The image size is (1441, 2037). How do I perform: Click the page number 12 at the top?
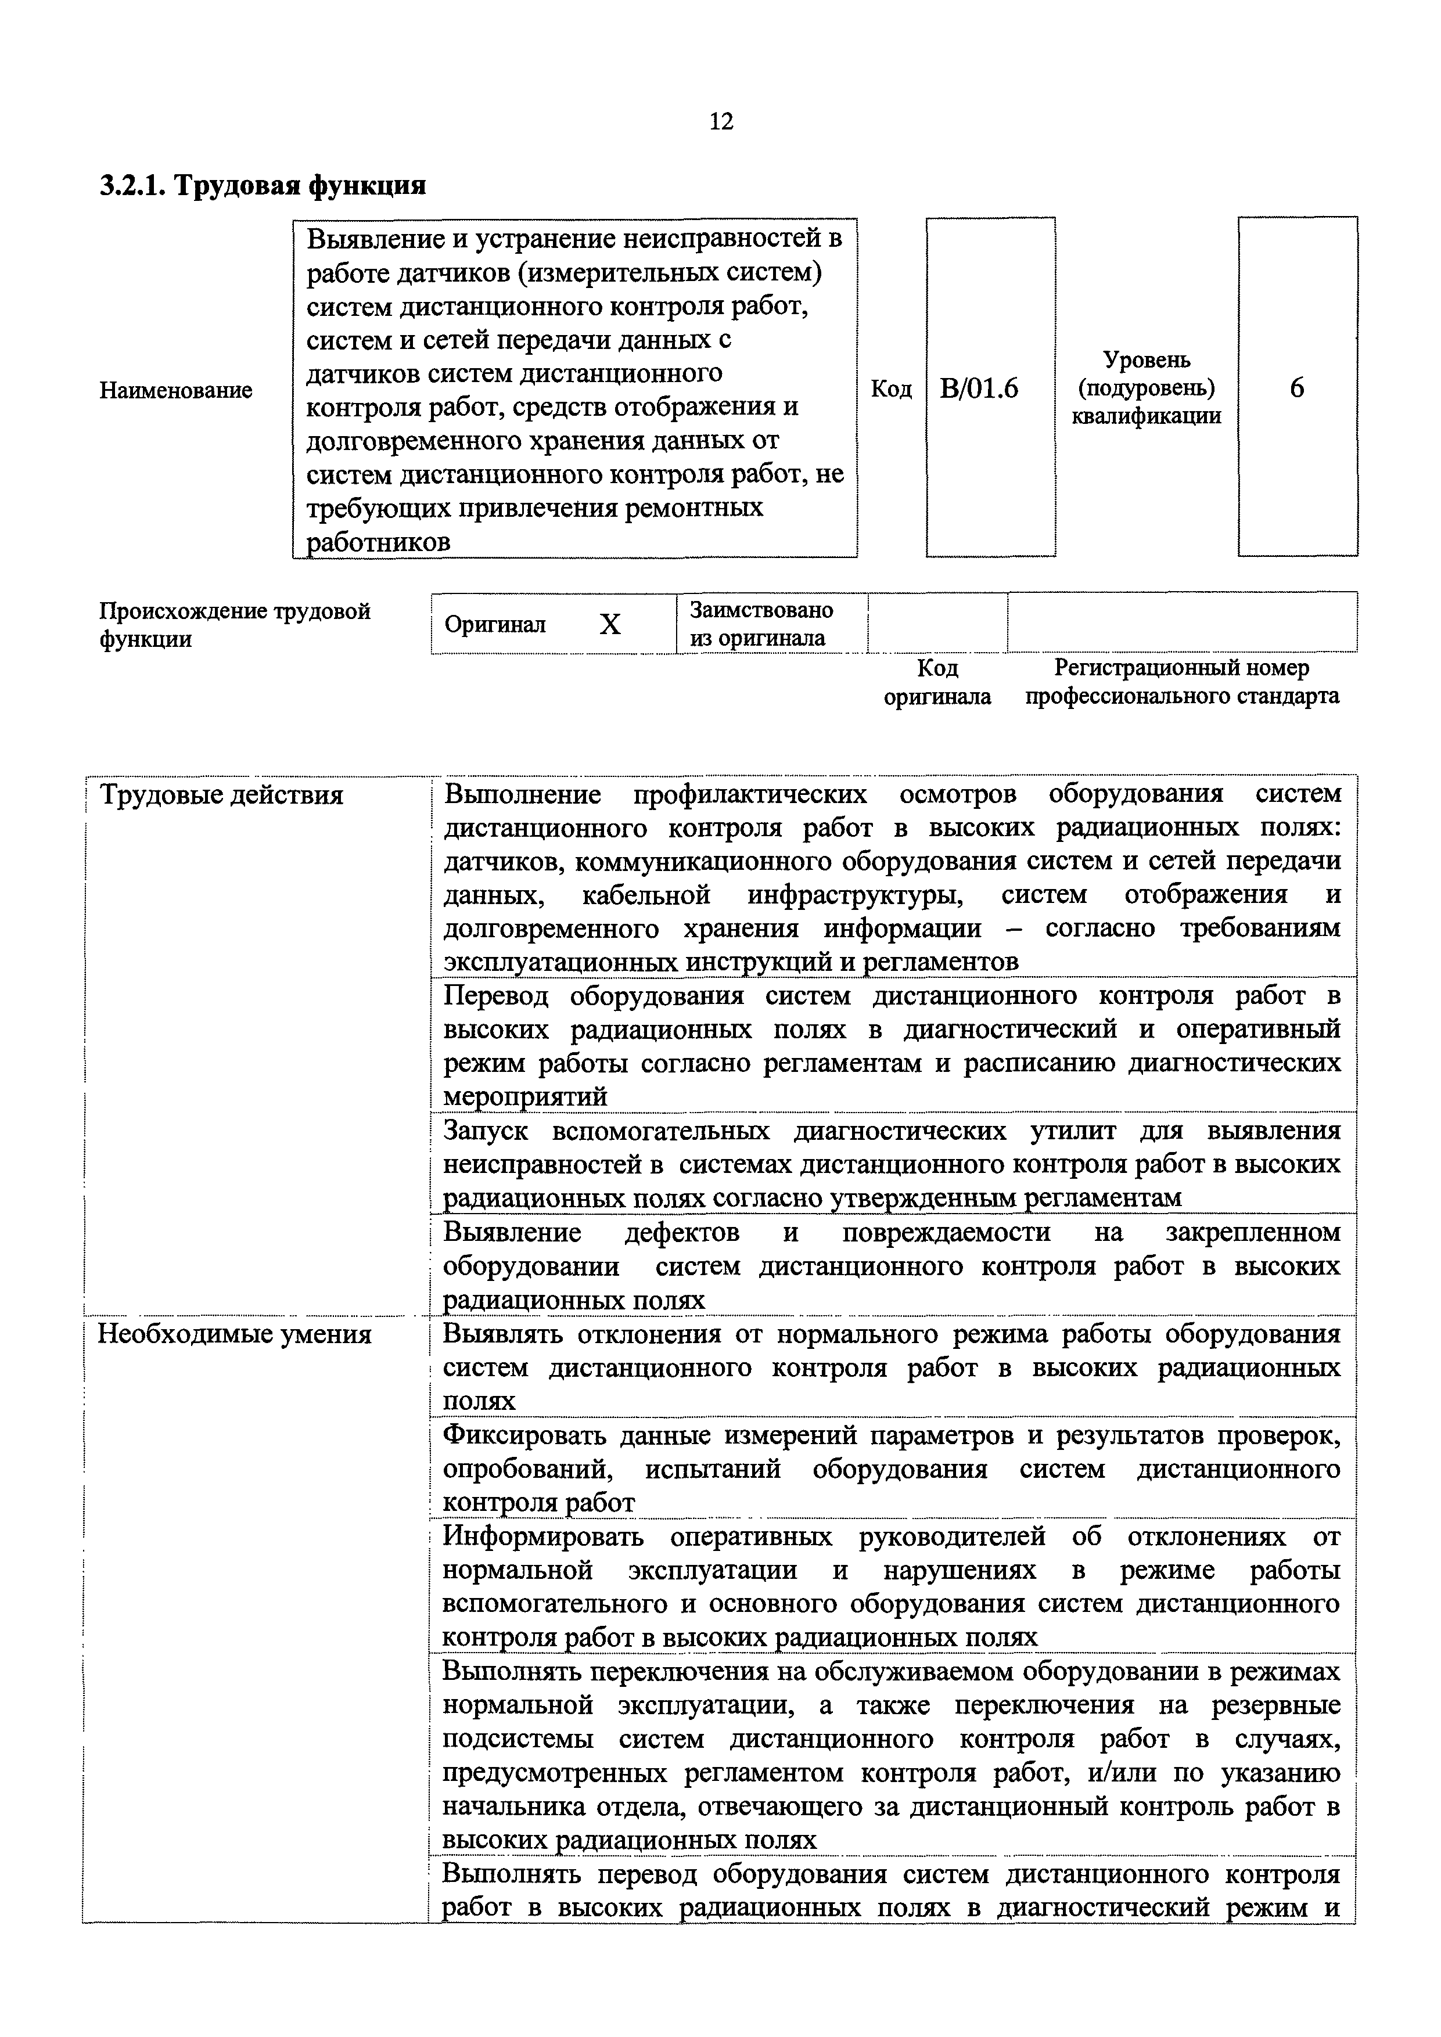(x=721, y=121)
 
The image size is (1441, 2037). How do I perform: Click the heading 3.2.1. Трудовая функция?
(x=263, y=185)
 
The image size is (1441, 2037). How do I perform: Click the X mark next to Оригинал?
(x=610, y=625)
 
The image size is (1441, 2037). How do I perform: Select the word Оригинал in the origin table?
(x=495, y=625)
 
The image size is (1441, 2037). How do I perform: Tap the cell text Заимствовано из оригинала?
(x=761, y=624)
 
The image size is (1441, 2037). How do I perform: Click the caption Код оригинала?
(x=937, y=681)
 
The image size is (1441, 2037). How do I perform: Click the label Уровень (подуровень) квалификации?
(x=1147, y=388)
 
